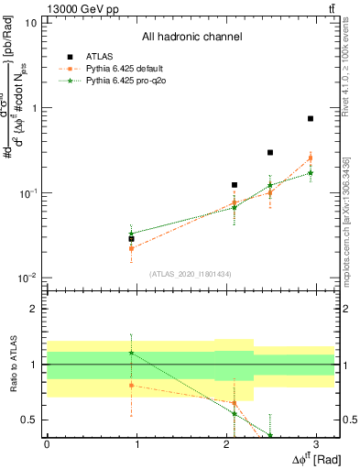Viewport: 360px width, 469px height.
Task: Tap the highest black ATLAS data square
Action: point(311,118)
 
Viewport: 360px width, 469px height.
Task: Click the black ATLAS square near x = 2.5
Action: point(270,152)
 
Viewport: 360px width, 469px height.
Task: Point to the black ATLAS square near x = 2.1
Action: point(235,185)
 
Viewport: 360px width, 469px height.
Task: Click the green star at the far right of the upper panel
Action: point(311,172)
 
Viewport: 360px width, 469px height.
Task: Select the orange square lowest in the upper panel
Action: point(132,248)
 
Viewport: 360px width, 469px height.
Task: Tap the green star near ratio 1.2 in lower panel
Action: point(132,353)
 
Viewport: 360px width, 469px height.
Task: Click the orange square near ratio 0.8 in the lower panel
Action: point(132,385)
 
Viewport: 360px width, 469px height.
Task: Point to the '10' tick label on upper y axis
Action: point(32,22)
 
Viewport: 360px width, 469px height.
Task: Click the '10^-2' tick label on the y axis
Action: point(28,278)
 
